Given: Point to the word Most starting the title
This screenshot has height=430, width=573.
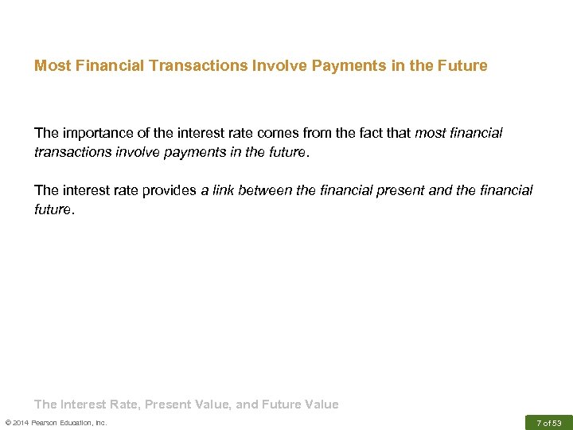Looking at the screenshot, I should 49,65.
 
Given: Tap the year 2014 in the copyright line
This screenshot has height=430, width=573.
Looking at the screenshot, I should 21,422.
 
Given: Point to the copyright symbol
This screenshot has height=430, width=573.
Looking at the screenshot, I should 7,422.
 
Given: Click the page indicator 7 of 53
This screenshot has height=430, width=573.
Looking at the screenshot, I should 548,422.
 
